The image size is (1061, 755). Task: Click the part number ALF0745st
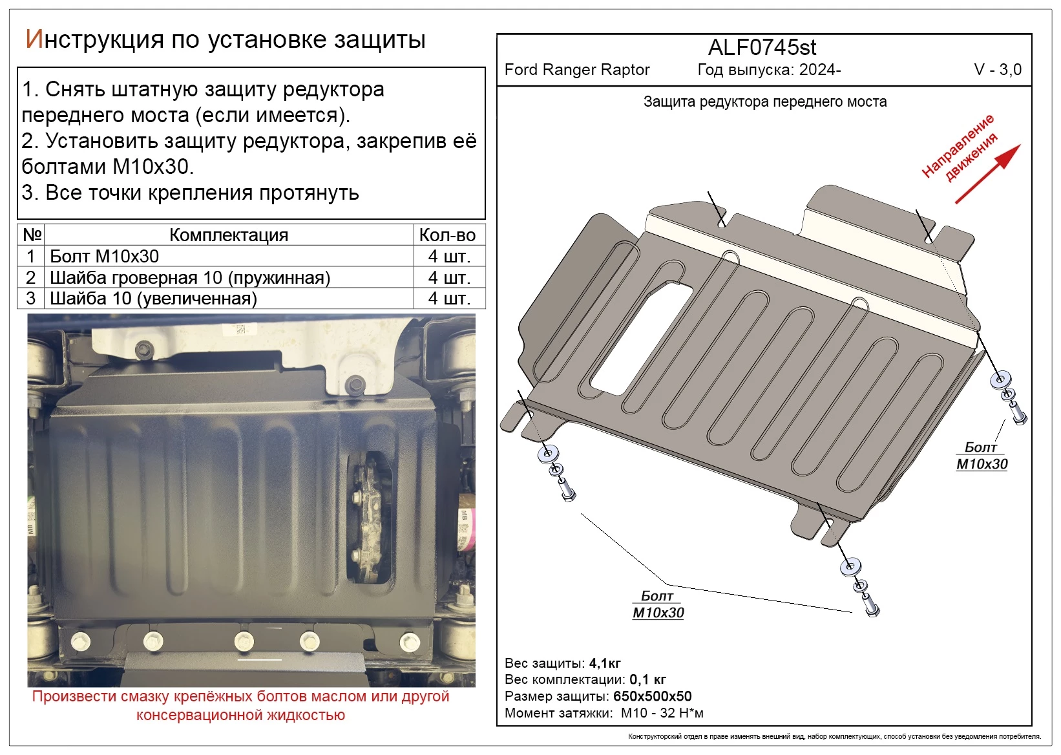click(762, 48)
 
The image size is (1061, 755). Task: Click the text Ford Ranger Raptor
click(576, 70)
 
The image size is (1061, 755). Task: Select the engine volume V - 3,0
click(997, 70)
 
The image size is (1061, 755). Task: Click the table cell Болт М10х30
click(104, 257)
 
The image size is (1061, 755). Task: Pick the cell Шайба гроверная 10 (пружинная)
click(189, 278)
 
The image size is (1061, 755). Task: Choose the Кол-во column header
click(447, 235)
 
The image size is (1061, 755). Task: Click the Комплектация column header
click(228, 235)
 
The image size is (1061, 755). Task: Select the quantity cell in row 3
click(448, 299)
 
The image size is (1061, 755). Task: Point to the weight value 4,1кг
click(605, 663)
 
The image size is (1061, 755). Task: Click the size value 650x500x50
click(652, 697)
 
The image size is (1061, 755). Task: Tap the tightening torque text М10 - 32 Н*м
click(662, 714)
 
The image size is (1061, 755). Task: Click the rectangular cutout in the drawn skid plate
click(642, 339)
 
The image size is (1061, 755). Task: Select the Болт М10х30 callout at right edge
click(981, 456)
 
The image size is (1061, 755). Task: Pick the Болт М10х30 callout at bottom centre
click(658, 604)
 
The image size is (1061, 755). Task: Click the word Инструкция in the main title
click(94, 40)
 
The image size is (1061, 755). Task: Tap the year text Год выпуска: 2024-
click(769, 70)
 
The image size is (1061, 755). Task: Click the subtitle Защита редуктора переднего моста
click(764, 102)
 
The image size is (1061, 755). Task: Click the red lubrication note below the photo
click(240, 706)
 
